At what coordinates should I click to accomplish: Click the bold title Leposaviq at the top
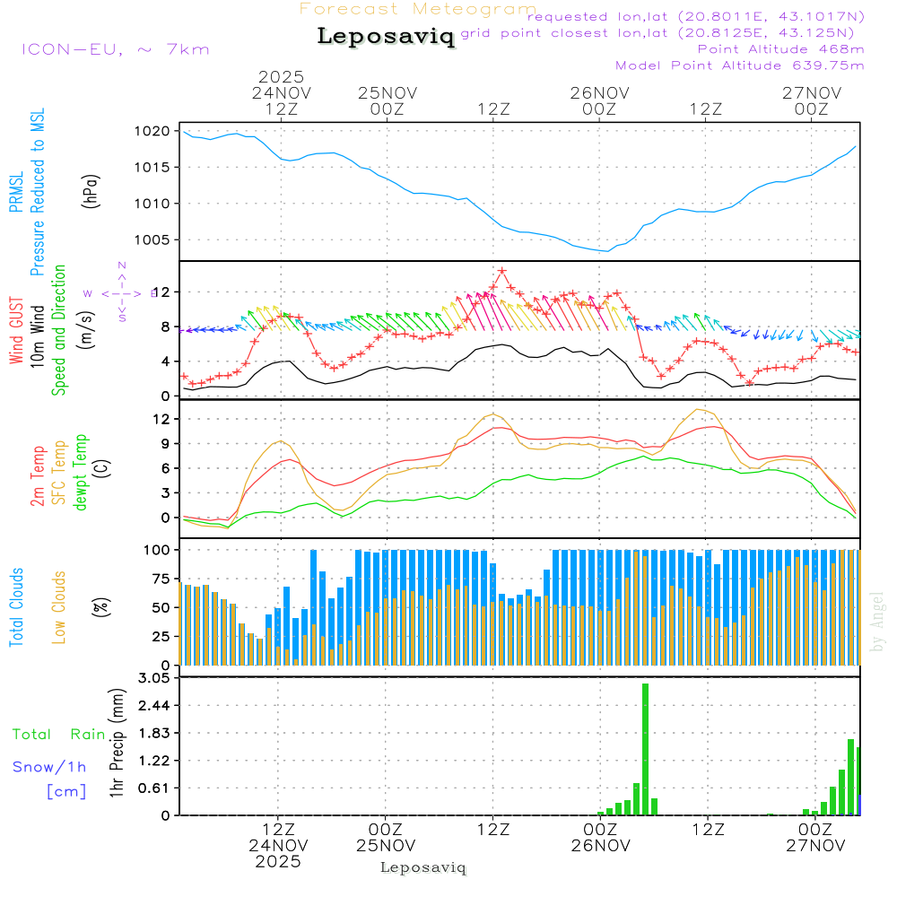[386, 37]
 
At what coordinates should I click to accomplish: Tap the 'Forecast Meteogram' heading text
[418, 9]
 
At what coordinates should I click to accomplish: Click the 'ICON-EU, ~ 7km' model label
[115, 49]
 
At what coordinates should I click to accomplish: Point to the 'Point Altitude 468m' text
[780, 49]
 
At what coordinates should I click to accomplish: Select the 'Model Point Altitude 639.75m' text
[739, 65]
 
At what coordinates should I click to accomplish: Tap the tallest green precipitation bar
[645, 749]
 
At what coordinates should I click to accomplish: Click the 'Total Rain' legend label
[58, 735]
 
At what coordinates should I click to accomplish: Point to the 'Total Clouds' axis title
[16, 607]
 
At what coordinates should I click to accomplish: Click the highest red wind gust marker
[502, 270]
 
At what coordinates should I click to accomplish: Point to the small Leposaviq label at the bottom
[422, 867]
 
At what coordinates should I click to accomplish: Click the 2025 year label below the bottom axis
[278, 862]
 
